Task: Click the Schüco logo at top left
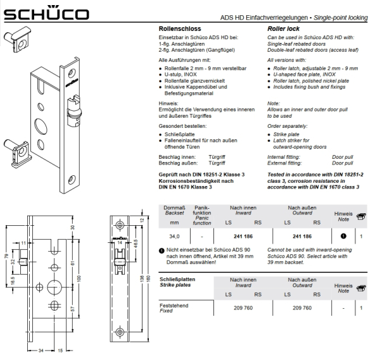click(46, 13)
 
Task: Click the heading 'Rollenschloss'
click(180, 29)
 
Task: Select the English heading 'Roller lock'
click(283, 29)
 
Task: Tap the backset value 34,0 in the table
click(174, 236)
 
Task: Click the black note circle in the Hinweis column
click(343, 236)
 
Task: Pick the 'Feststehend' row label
click(174, 306)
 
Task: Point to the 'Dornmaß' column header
click(174, 208)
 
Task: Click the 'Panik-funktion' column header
click(202, 210)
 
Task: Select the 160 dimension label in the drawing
click(149, 278)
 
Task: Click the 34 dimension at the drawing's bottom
click(41, 351)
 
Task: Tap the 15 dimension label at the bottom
click(60, 351)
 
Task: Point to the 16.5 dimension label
click(13, 280)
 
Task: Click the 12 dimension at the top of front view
click(142, 220)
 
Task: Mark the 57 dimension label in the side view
click(73, 309)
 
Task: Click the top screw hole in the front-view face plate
click(120, 225)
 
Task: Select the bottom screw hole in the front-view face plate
click(120, 332)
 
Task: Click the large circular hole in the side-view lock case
click(54, 287)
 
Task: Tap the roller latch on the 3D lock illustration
click(73, 111)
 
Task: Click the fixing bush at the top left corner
click(17, 39)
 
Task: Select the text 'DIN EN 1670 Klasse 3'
click(185, 187)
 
